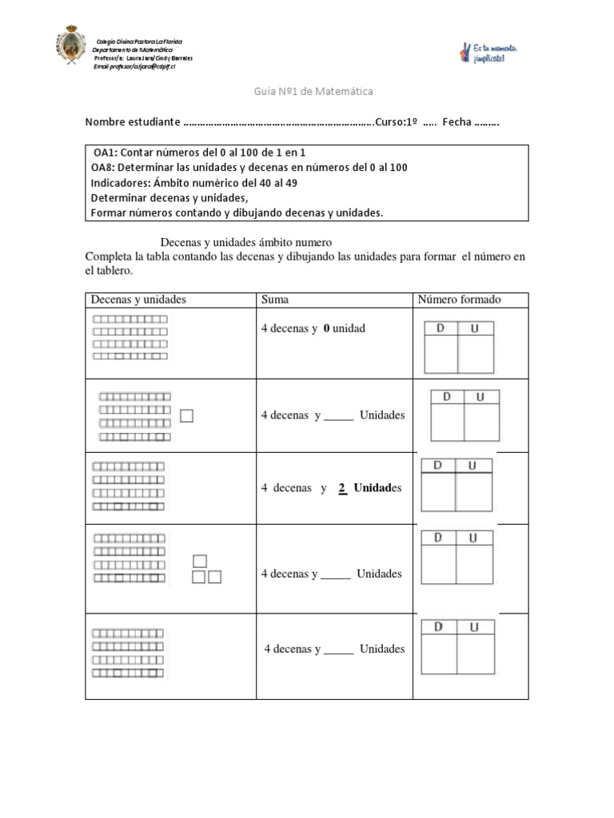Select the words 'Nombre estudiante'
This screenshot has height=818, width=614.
pyautogui.click(x=133, y=122)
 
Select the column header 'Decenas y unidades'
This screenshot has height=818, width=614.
pyautogui.click(x=138, y=300)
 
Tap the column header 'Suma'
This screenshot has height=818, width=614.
pyautogui.click(x=275, y=300)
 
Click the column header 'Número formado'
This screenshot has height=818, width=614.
pyautogui.click(x=460, y=300)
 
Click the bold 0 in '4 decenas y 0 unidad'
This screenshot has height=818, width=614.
pyautogui.click(x=326, y=328)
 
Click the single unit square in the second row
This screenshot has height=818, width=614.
pyautogui.click(x=187, y=415)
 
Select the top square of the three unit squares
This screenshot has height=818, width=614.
pyautogui.click(x=200, y=561)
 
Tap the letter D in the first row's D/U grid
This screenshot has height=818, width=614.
pyautogui.click(x=439, y=328)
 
